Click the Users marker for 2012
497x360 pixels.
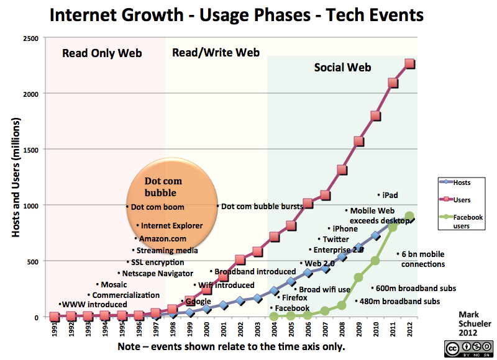[410, 64]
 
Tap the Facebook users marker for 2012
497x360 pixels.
[409, 217]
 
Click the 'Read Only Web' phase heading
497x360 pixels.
[102, 53]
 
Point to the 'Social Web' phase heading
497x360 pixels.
[342, 67]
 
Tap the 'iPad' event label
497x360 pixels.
[390, 195]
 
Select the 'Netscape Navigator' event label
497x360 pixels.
[158, 273]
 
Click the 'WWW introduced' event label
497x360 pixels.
[94, 304]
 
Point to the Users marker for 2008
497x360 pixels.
[342, 170]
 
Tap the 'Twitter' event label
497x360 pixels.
[335, 239]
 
